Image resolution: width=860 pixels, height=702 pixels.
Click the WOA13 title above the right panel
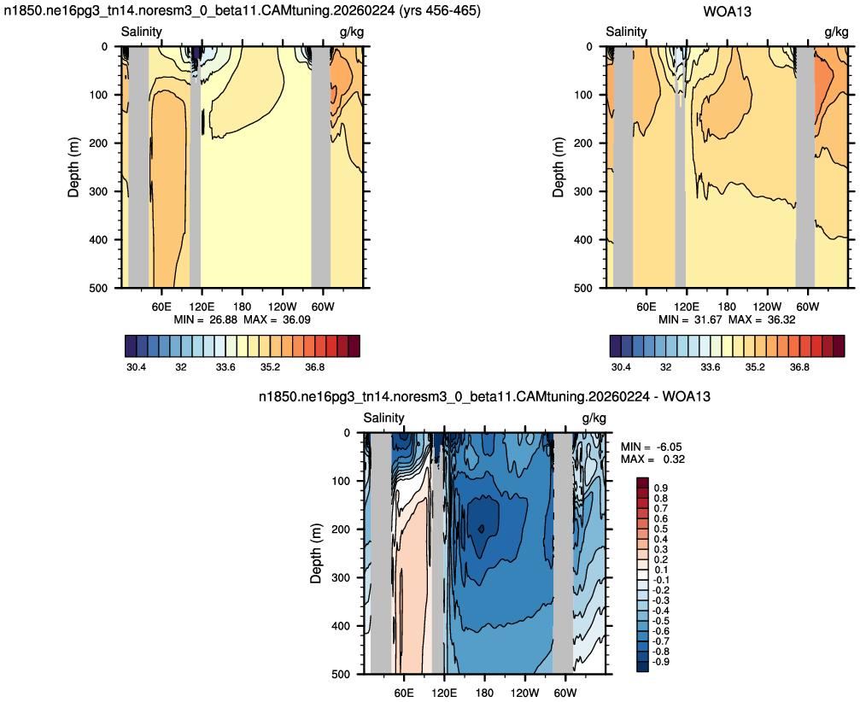[x=727, y=11]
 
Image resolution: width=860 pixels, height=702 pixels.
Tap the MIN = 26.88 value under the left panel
[x=206, y=319]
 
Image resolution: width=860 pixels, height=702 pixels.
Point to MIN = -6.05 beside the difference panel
[x=652, y=447]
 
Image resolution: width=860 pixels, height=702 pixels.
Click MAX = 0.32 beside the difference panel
[x=652, y=459]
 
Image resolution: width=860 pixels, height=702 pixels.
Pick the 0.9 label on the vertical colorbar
[x=661, y=488]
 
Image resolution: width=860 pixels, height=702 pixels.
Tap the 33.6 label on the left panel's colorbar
[x=225, y=367]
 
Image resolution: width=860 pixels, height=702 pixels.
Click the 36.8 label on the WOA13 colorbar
[x=799, y=367]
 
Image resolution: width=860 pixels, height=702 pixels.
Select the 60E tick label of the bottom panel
[x=404, y=693]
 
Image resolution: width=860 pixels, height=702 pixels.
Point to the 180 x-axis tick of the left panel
[x=242, y=307]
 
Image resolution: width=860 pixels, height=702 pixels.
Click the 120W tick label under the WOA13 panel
[x=767, y=307]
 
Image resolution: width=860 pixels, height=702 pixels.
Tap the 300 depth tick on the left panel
[x=98, y=191]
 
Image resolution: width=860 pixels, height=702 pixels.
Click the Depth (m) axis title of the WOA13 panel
[x=559, y=167]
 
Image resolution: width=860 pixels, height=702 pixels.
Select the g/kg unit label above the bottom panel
[x=594, y=418]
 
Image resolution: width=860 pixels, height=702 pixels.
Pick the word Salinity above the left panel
[x=142, y=32]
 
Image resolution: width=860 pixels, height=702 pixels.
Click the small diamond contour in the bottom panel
[x=481, y=529]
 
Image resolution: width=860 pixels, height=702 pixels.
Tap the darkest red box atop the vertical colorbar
[x=642, y=483]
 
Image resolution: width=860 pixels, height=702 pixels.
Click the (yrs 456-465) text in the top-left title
[x=439, y=11]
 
